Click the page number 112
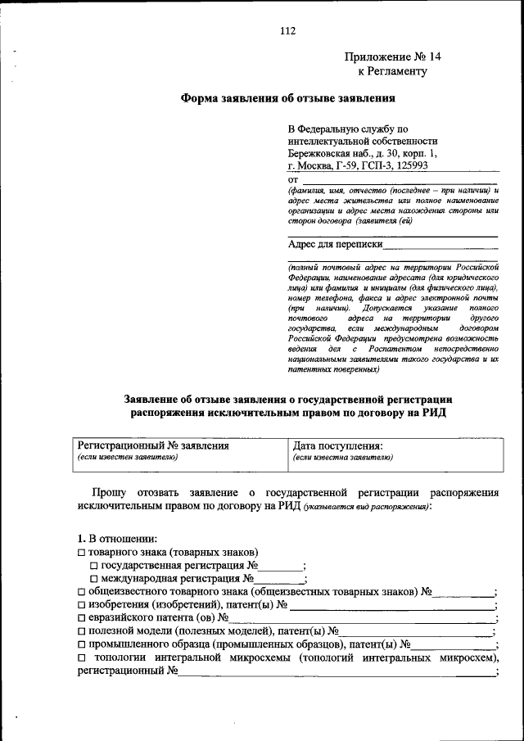[x=287, y=31]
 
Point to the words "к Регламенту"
[x=392, y=71]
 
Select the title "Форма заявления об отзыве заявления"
[x=287, y=100]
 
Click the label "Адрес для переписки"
[x=336, y=243]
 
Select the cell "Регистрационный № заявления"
[x=152, y=446]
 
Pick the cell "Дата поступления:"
[x=337, y=446]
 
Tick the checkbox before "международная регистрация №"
[x=94, y=578]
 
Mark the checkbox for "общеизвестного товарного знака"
[x=81, y=591]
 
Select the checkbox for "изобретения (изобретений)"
[x=81, y=604]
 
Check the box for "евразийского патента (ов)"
[x=81, y=617]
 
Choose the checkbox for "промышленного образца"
[x=81, y=644]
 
